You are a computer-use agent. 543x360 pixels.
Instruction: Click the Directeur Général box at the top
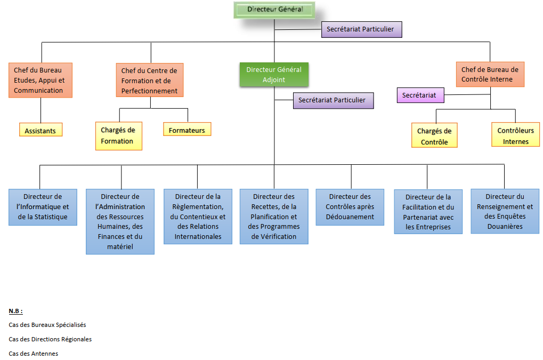click(x=274, y=10)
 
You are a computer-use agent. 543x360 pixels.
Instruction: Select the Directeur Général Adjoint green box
click(x=274, y=75)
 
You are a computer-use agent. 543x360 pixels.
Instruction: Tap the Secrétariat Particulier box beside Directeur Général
click(x=361, y=29)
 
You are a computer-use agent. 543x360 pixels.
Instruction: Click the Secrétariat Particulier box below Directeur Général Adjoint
click(x=333, y=100)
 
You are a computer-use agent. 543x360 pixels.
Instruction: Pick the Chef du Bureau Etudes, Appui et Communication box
click(x=40, y=80)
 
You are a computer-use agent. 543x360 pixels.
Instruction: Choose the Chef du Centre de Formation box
click(x=149, y=80)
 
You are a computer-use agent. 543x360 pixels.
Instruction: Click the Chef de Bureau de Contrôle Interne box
click(x=490, y=74)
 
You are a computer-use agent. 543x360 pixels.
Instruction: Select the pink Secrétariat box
click(x=420, y=95)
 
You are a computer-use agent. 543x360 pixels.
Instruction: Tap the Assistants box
click(x=40, y=130)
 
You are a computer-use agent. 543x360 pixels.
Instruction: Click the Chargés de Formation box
click(x=118, y=135)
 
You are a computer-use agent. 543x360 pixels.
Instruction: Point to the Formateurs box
click(x=187, y=130)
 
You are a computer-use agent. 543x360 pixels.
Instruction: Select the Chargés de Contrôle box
click(x=434, y=135)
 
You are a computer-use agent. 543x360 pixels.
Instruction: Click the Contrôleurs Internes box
click(x=515, y=135)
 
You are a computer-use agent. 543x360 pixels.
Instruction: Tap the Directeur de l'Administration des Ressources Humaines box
click(x=120, y=221)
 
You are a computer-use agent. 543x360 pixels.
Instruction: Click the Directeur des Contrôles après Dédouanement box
click(x=350, y=207)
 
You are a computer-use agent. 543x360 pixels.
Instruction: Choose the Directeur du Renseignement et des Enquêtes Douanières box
click(x=504, y=211)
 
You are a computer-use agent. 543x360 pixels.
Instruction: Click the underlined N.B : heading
click(x=16, y=310)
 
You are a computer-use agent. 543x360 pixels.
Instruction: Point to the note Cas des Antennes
click(x=34, y=353)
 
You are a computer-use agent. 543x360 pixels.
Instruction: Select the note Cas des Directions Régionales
click(x=50, y=339)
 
